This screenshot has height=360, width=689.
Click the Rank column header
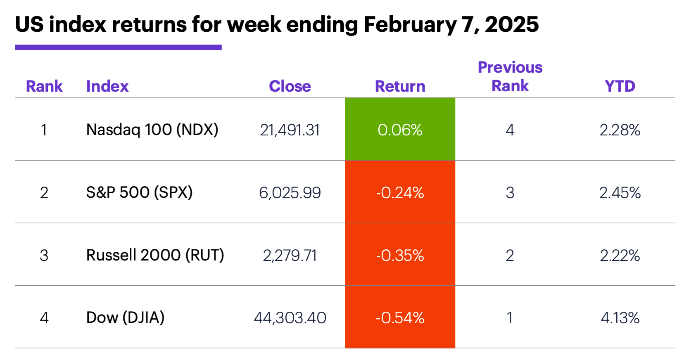44,86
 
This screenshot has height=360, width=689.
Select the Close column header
290,86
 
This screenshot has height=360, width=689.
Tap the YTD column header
620,86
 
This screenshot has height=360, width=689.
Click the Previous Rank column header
510,77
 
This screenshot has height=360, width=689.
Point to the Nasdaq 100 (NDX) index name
152,130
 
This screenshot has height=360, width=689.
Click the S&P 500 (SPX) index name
139,192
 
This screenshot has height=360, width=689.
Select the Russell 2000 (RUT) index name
155,255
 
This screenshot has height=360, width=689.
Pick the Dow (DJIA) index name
125,317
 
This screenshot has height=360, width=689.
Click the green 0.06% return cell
400,130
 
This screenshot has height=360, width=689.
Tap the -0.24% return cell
400,192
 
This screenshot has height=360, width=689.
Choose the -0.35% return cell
400,255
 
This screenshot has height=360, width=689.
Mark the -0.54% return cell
400,317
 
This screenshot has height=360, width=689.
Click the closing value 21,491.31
290,130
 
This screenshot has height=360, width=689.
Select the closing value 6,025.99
290,193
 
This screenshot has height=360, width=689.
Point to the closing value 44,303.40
290,318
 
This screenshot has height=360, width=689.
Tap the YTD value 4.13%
620,318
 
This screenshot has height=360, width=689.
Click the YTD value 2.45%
620,193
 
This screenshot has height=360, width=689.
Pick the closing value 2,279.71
290,256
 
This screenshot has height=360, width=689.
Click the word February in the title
410,25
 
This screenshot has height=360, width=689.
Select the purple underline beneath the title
118,47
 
